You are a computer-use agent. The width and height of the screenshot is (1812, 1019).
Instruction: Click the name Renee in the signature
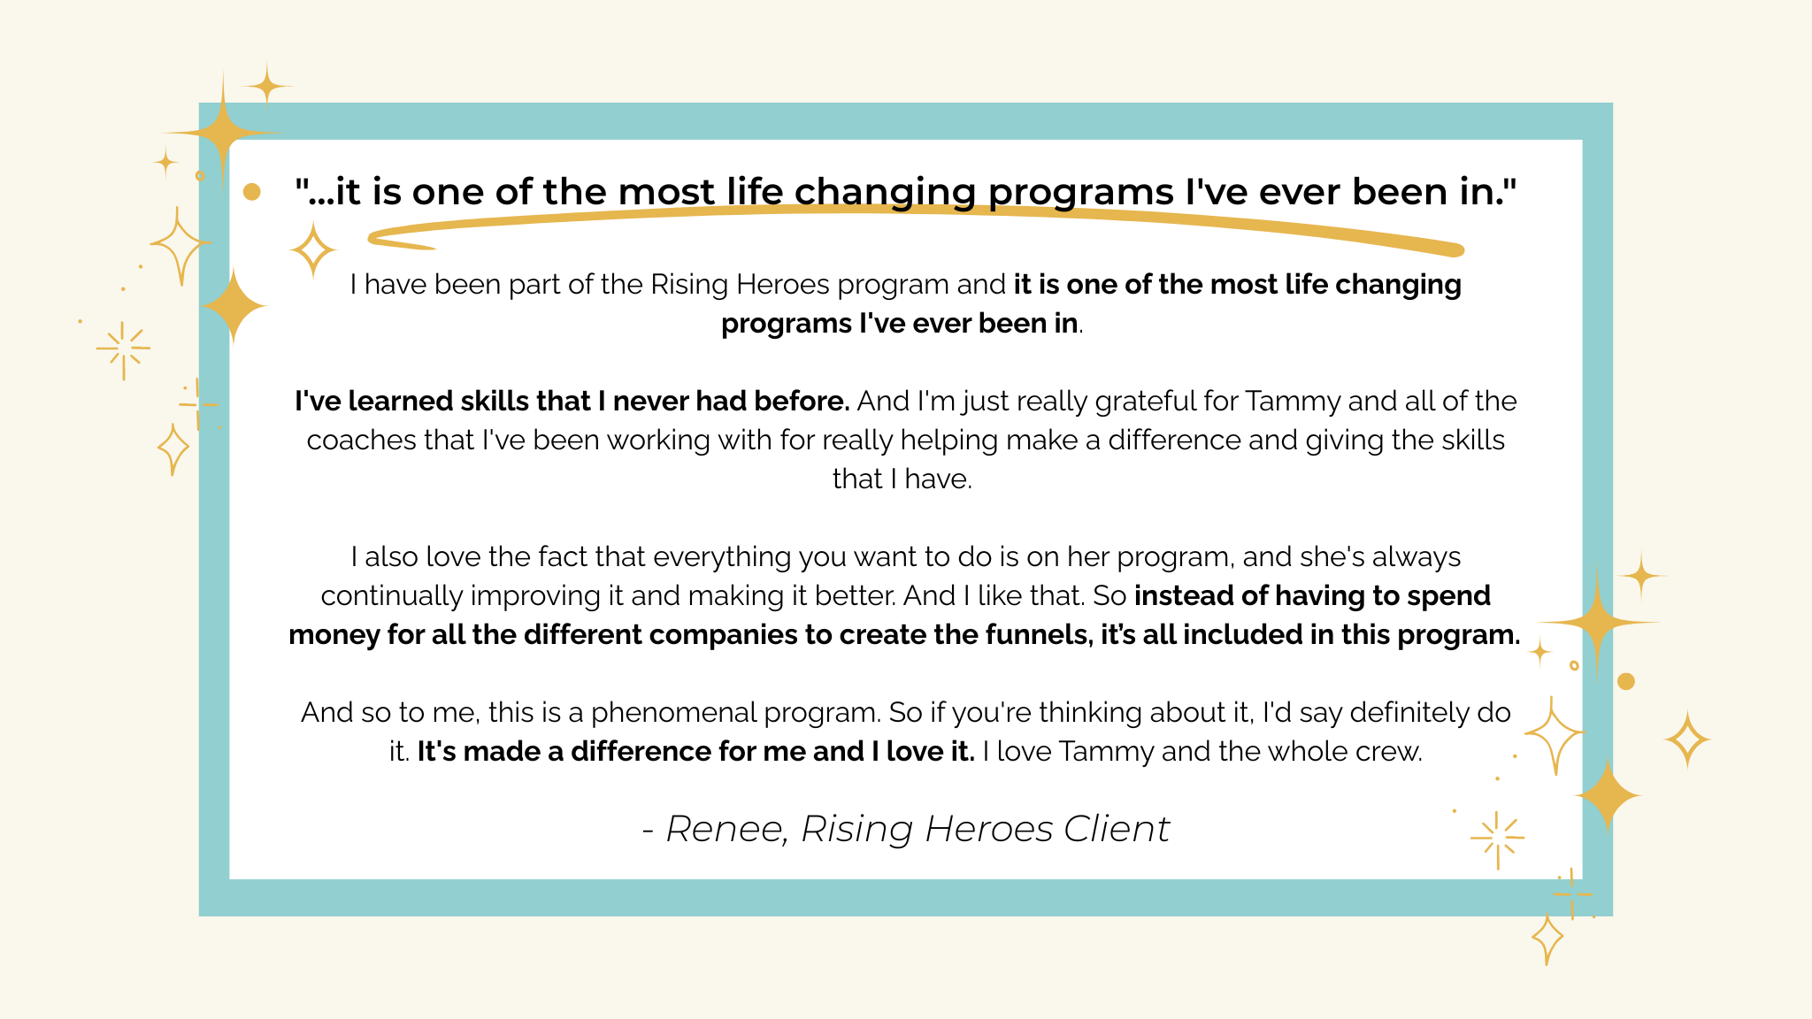pyautogui.click(x=726, y=830)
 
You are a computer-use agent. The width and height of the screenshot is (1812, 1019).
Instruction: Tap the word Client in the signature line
pyautogui.click(x=1117, y=829)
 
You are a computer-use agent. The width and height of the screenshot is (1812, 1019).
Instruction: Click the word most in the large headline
pyautogui.click(x=666, y=191)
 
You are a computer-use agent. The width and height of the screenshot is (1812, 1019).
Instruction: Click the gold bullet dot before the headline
pyautogui.click(x=251, y=191)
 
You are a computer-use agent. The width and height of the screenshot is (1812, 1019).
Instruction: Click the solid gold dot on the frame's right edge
pyautogui.click(x=1625, y=681)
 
